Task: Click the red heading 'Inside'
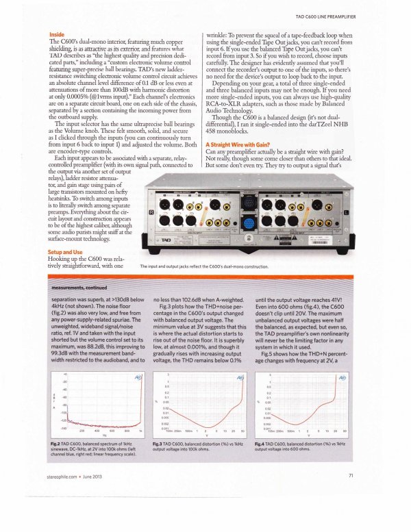(57, 34)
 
